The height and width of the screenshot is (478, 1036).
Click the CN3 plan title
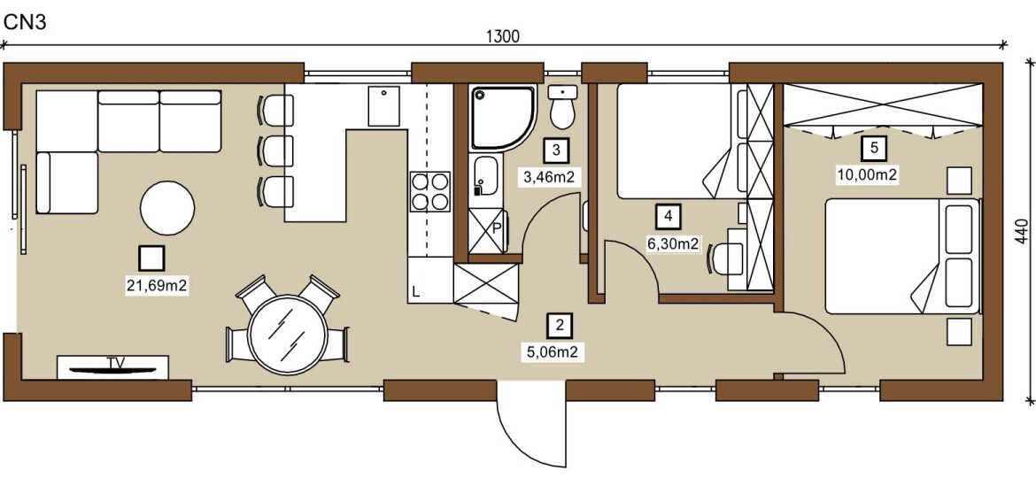25,22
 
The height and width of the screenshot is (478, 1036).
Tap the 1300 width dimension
504,37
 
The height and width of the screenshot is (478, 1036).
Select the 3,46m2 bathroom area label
548,178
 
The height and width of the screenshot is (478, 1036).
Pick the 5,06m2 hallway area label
555,352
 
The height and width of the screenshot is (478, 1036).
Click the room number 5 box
873,149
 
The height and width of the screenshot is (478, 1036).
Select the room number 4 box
669,216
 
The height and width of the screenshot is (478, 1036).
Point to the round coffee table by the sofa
167,208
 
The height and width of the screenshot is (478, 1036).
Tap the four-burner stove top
430,191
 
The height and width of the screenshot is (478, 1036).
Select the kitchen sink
384,105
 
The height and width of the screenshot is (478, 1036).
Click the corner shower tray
501,119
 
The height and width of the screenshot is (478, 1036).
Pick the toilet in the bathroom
562,107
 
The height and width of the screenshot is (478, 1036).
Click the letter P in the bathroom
497,230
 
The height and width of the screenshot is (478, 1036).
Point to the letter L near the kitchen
415,291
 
